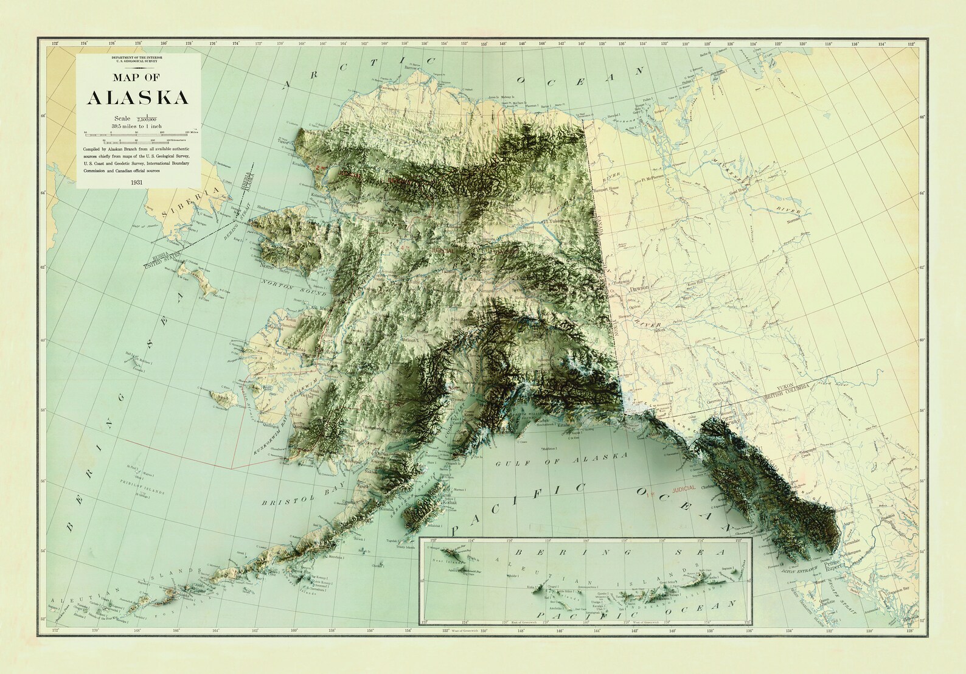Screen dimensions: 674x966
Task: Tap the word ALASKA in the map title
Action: click(x=138, y=98)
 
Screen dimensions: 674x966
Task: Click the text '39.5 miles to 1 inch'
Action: click(x=138, y=125)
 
